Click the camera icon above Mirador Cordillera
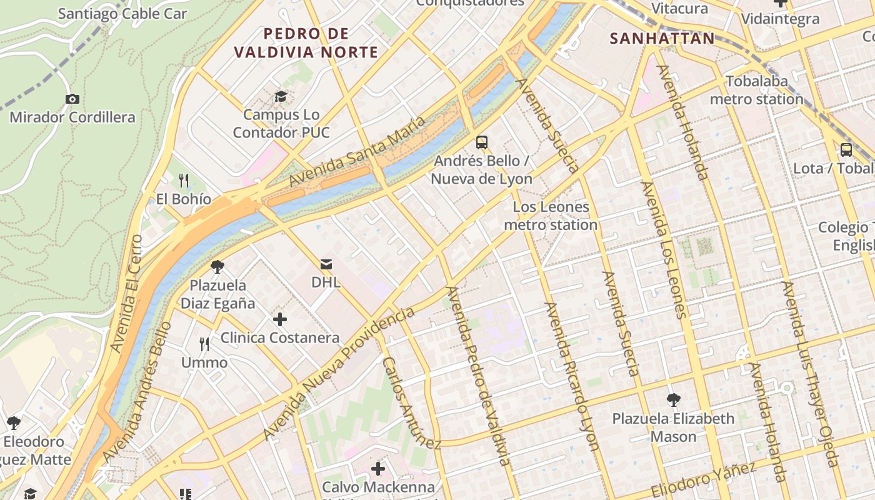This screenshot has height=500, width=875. coord(72,99)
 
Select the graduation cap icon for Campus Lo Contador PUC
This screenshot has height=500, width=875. coord(281,96)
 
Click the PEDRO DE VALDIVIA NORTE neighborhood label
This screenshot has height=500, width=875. coord(306,42)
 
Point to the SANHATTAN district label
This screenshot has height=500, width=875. coord(662,39)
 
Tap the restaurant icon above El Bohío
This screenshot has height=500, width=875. coord(184,181)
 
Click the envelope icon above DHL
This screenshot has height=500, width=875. coord(326,264)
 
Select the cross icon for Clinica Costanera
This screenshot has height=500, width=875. coord(280,319)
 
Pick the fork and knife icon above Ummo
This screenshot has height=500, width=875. coord(204,344)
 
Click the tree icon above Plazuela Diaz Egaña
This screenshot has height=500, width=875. coord(217,267)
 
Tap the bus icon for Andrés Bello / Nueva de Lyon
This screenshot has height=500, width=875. coord(481,142)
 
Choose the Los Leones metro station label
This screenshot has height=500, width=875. coord(551,216)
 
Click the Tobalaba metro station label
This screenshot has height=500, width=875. coord(756,91)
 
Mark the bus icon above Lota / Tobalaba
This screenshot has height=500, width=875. coord(846,150)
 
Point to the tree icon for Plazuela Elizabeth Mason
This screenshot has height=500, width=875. coord(673,399)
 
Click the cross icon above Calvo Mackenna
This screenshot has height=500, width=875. coord(378,468)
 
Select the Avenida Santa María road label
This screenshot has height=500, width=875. coord(357,152)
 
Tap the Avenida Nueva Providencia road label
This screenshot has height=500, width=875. coord(339,373)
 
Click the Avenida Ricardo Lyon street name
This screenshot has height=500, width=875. coord(572,376)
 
